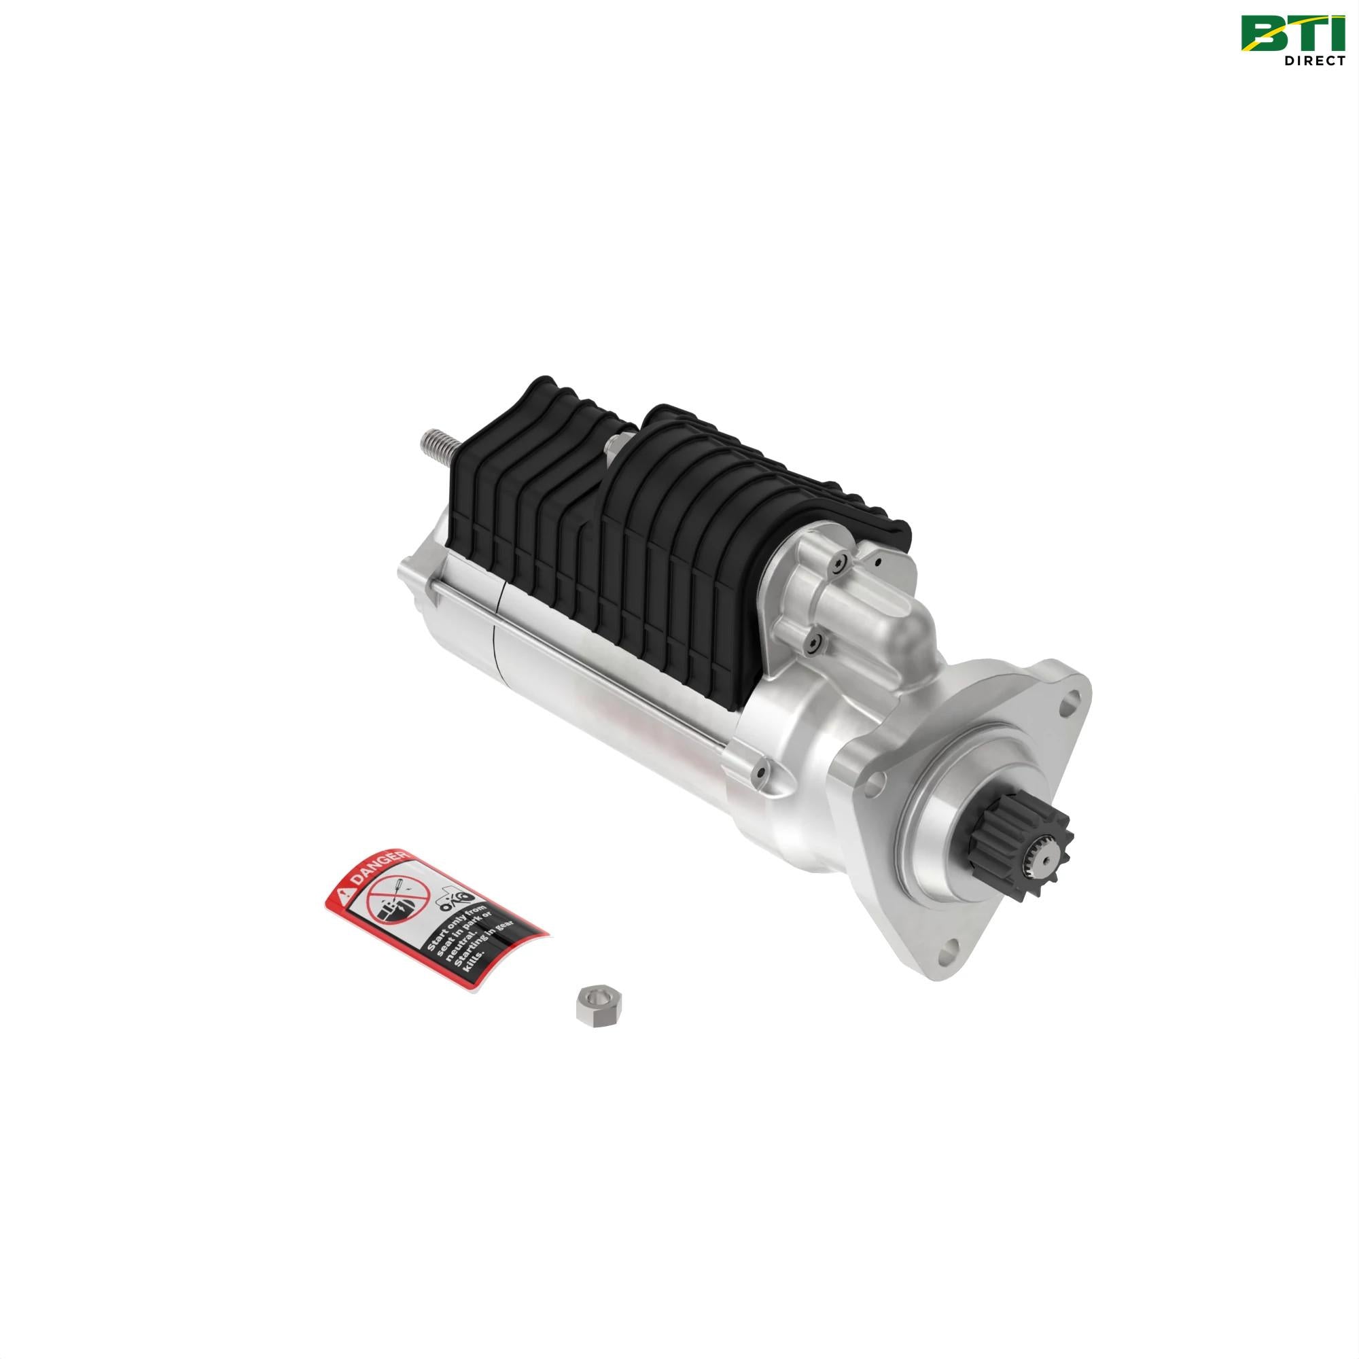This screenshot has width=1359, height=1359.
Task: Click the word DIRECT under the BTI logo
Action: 1314,60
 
